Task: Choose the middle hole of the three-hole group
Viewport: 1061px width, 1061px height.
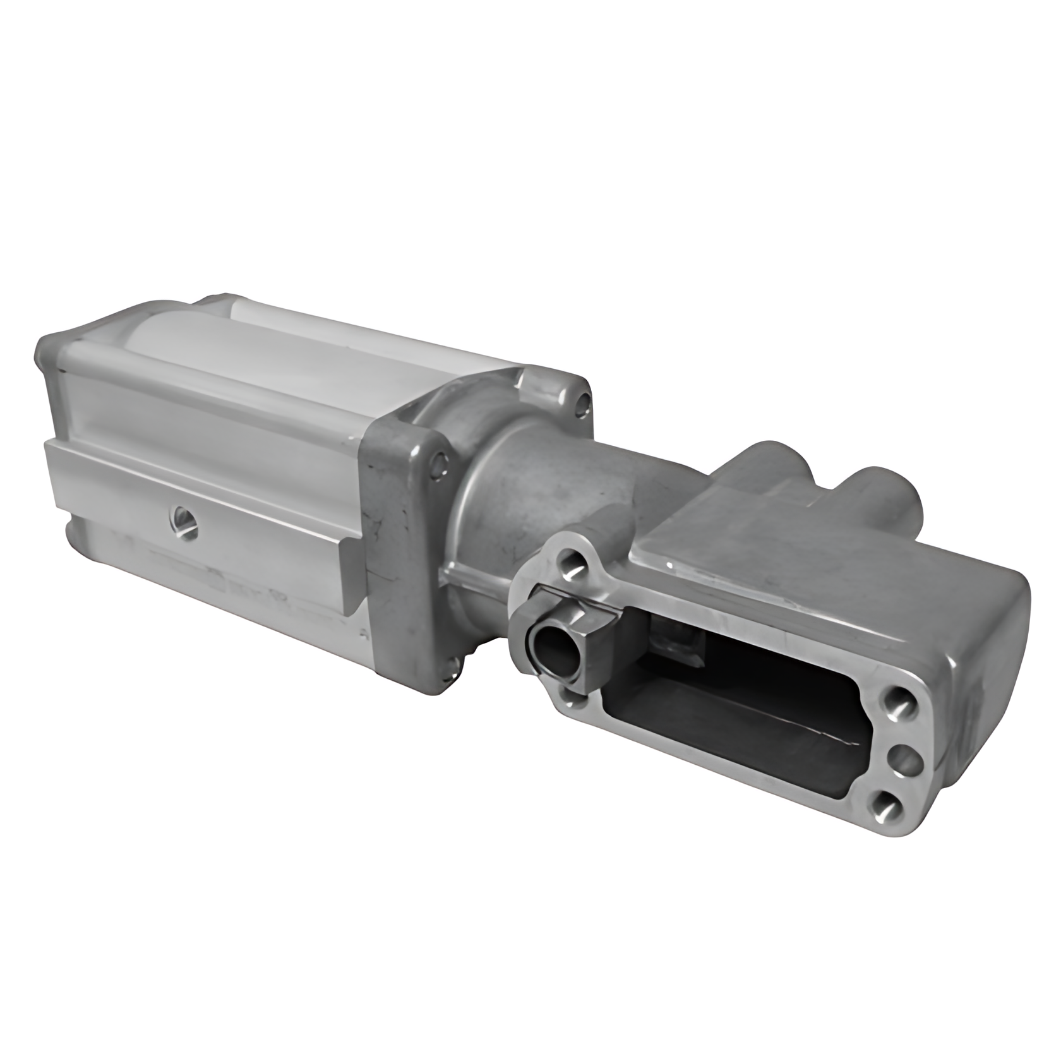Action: [904, 755]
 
